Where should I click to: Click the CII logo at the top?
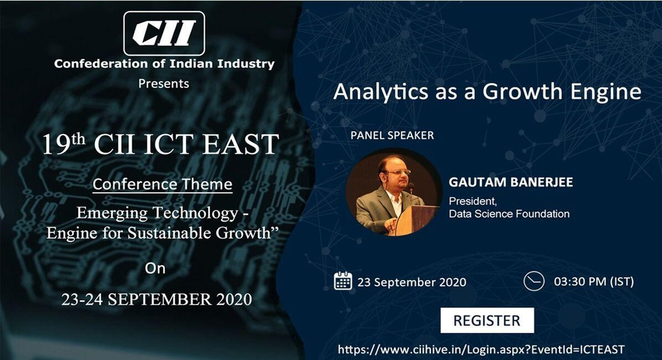pos(164,33)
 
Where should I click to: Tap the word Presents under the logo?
pos(164,84)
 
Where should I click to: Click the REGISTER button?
pos(487,320)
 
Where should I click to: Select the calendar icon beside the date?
pos(343,281)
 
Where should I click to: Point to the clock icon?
pos(534,281)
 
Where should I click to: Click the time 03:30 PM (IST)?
pos(593,281)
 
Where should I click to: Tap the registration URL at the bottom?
pos(482,349)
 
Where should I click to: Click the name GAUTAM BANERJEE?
pos(511,182)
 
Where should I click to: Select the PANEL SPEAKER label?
pos(392,135)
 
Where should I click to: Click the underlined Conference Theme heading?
pos(163,184)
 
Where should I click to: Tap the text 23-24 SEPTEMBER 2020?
pos(157,299)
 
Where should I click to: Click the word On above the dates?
pos(155,268)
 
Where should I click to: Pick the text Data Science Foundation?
pos(509,214)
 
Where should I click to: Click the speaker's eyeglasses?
pos(398,172)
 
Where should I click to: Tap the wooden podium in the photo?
pos(417,220)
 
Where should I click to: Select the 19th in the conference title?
pos(63,143)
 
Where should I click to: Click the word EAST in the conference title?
pos(241,144)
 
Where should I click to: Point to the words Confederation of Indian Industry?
pos(164,64)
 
